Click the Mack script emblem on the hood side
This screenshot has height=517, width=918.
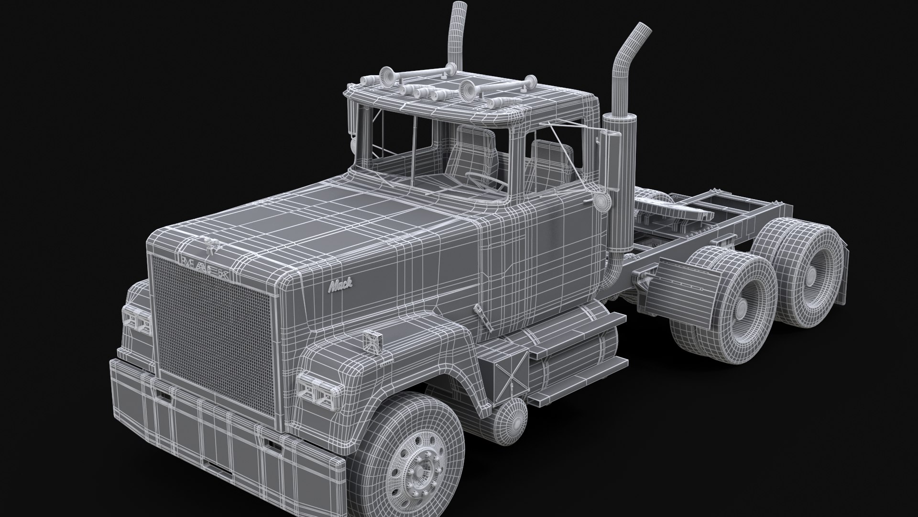click(340, 286)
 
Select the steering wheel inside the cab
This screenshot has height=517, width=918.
click(483, 181)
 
